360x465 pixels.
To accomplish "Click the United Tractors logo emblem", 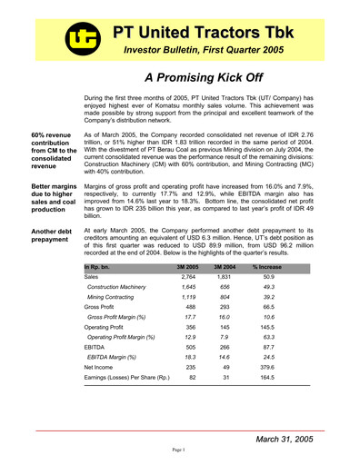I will [x=80, y=35].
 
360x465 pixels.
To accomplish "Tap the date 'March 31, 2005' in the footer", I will [x=285, y=438].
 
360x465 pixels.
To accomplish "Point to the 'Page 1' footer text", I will [x=180, y=450].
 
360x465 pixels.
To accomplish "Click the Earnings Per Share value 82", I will [x=191, y=377].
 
